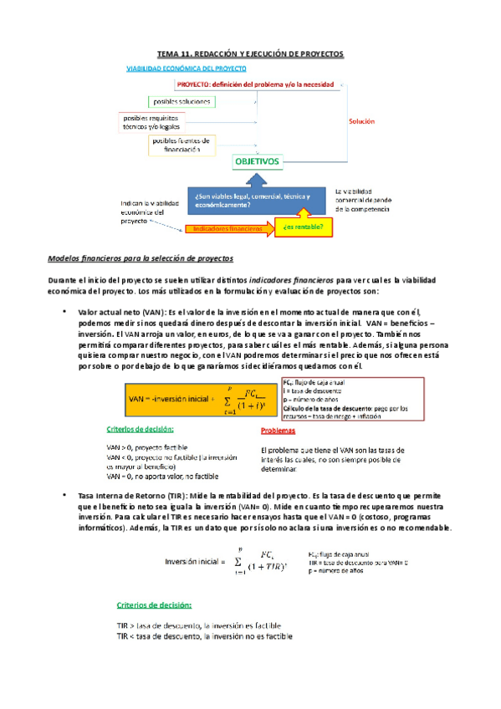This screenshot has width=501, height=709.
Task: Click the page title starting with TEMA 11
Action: pos(251,54)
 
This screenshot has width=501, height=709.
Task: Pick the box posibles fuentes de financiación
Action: pos(181,145)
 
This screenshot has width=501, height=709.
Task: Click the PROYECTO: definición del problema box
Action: pos(256,84)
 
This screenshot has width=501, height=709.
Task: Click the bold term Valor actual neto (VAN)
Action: pos(120,311)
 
